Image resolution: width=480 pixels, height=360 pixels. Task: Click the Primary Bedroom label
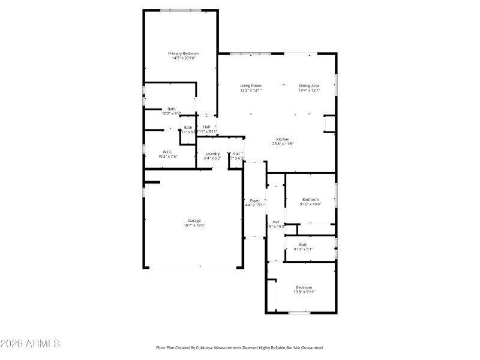coord(183,53)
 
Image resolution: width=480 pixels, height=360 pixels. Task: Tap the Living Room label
coord(251,86)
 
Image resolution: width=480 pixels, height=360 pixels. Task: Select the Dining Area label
coord(309,86)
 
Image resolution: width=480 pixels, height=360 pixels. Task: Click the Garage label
coord(194,221)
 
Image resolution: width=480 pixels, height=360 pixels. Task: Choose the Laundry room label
coord(212,154)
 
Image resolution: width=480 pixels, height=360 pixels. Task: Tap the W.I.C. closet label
coord(167,152)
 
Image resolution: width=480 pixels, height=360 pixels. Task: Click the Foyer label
coord(255,200)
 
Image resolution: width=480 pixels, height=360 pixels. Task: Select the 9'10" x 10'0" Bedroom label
coord(310,199)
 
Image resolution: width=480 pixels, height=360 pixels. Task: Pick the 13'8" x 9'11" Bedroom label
coord(304,287)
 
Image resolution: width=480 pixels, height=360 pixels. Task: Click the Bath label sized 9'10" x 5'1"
coord(304,244)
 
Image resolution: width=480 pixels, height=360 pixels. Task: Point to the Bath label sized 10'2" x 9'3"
coord(172,109)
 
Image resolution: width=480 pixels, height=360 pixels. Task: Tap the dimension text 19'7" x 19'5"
coord(194,226)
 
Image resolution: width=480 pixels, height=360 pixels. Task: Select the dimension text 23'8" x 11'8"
coord(282,144)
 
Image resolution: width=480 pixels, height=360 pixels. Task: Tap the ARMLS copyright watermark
coord(30,344)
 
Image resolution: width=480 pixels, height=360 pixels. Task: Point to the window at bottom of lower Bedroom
coord(299,313)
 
